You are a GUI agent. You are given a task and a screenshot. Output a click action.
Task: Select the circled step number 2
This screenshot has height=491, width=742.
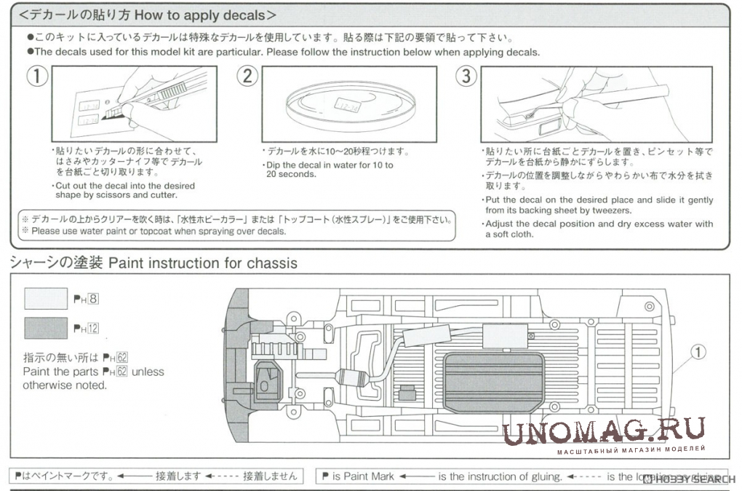click(248, 76)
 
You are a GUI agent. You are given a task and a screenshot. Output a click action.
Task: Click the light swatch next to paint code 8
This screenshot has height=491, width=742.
click(45, 298)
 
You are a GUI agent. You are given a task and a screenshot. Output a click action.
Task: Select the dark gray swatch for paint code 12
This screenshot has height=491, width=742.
click(45, 329)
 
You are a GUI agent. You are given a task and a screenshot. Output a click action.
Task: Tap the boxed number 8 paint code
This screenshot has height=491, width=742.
click(93, 298)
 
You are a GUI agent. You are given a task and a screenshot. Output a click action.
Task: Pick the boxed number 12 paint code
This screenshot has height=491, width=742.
click(92, 329)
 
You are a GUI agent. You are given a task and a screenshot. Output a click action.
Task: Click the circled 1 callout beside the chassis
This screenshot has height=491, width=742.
click(698, 353)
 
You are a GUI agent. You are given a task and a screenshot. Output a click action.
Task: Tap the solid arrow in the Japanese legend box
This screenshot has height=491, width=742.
click(133, 476)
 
